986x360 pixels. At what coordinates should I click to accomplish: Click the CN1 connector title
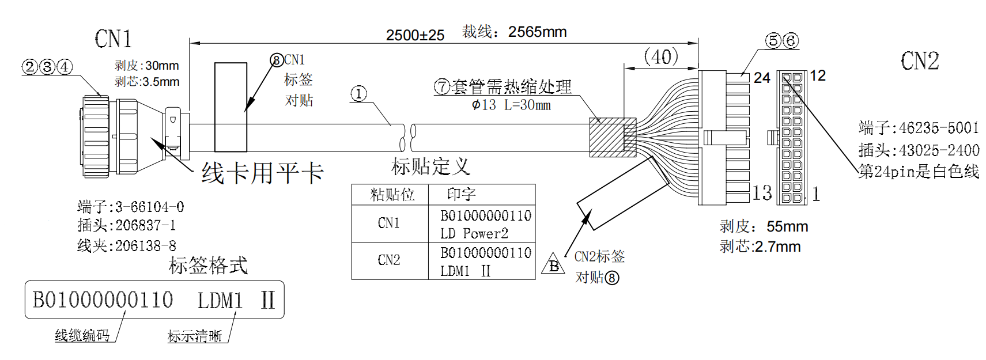pyautogui.click(x=114, y=39)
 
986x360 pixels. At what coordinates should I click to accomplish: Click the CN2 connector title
pyautogui.click(x=920, y=61)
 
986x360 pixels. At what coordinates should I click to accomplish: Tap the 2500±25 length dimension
pyautogui.click(x=415, y=35)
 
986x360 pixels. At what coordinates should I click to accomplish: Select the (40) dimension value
pyautogui.click(x=660, y=56)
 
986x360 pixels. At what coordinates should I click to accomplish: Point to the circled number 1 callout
pyautogui.click(x=358, y=94)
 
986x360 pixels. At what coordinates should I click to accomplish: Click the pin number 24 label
pyautogui.click(x=762, y=77)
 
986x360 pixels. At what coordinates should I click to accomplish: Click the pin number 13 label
pyautogui.click(x=762, y=192)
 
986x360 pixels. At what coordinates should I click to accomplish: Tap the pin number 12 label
pyautogui.click(x=817, y=75)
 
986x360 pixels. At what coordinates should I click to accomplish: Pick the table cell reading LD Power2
pyautogui.click(x=474, y=233)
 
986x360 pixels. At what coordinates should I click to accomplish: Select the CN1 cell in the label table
pyautogui.click(x=389, y=223)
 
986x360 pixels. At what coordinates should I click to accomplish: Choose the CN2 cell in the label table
pyautogui.click(x=389, y=260)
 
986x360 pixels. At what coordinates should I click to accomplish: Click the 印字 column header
pyautogui.click(x=461, y=194)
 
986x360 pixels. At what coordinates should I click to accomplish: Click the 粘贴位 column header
pyautogui.click(x=392, y=195)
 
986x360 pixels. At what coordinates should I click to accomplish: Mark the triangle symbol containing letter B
pyautogui.click(x=553, y=264)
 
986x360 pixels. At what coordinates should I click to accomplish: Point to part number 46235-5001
pyautogui.click(x=939, y=128)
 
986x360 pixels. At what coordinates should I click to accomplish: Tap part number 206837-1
pyautogui.click(x=145, y=225)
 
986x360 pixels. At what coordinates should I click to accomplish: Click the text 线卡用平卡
pyautogui.click(x=262, y=173)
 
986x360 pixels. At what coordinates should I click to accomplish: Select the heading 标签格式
pyautogui.click(x=208, y=265)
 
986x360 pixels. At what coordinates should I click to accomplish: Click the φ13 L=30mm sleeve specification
pyautogui.click(x=511, y=105)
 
